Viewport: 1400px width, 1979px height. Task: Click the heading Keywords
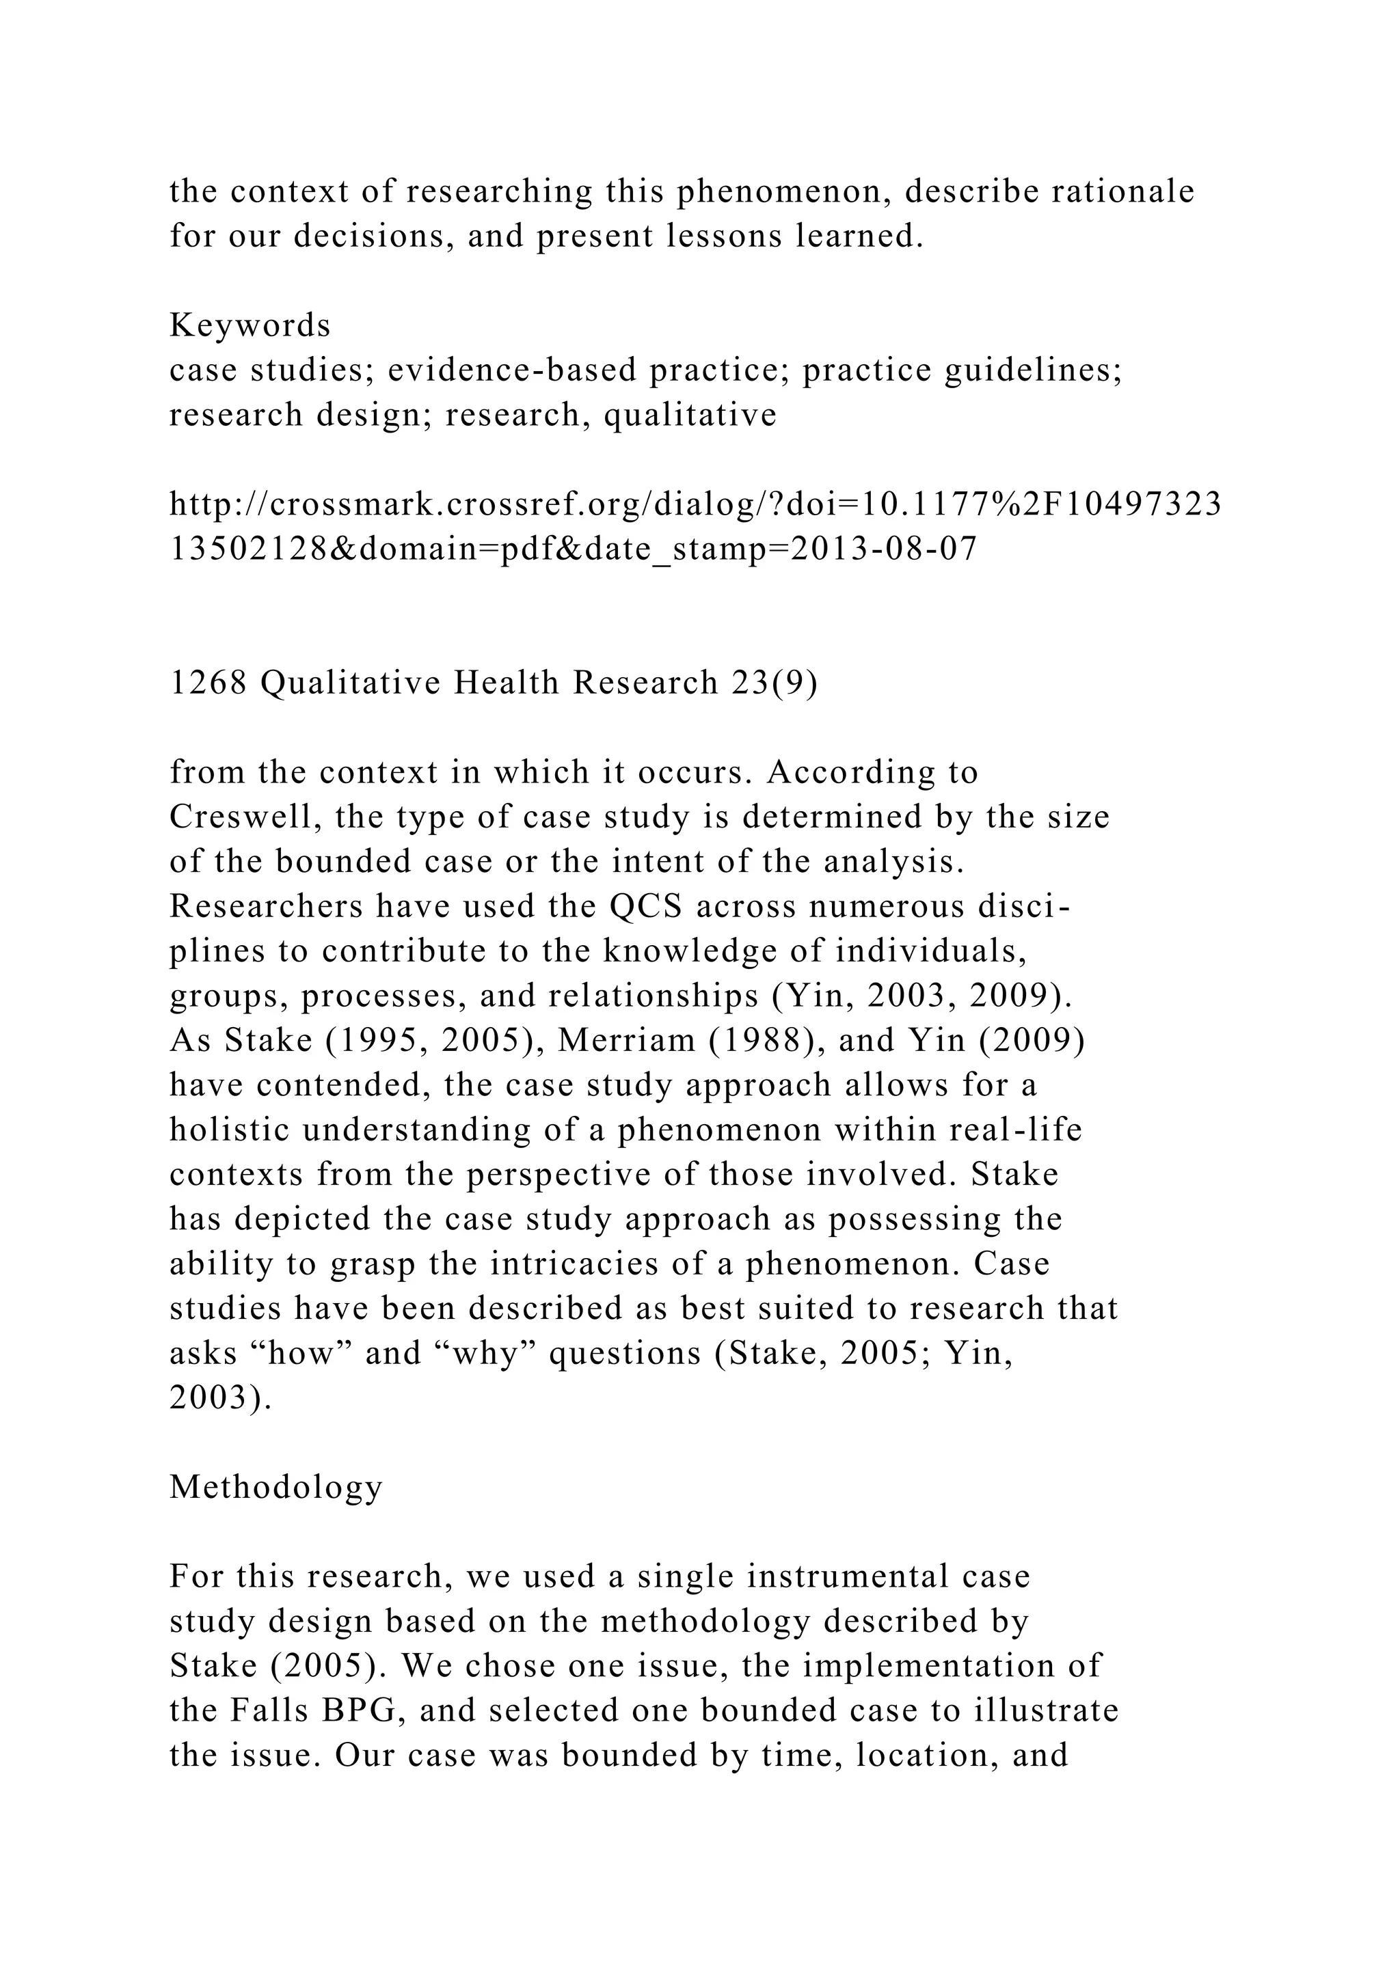(x=250, y=326)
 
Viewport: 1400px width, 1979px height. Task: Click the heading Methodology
(x=276, y=1487)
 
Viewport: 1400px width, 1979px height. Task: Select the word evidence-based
(x=512, y=370)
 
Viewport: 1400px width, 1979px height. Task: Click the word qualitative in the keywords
(x=690, y=415)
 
